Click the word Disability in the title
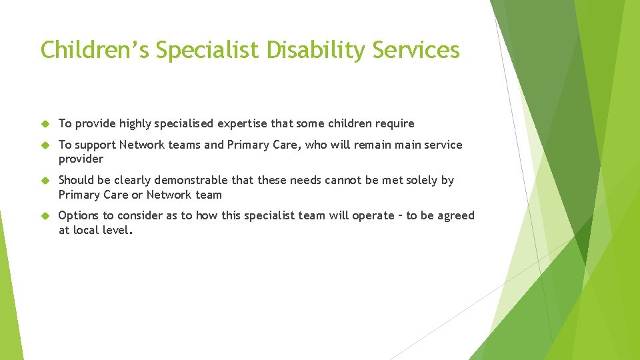(x=304, y=50)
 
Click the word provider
(x=81, y=159)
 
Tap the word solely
(x=421, y=180)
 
